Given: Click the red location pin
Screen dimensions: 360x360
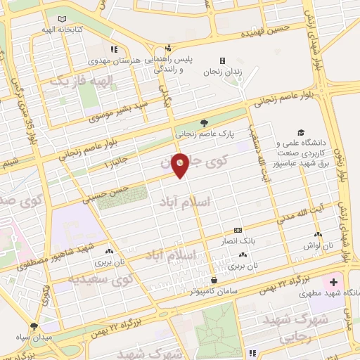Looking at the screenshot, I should click(x=180, y=165).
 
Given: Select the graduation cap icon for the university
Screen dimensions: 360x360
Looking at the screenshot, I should click(x=301, y=132).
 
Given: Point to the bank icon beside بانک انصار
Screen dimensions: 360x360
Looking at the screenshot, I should click(x=237, y=229).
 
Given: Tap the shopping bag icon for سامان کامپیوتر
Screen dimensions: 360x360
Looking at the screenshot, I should click(x=213, y=279).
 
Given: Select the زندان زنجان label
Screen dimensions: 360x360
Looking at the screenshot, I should click(x=222, y=72).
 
